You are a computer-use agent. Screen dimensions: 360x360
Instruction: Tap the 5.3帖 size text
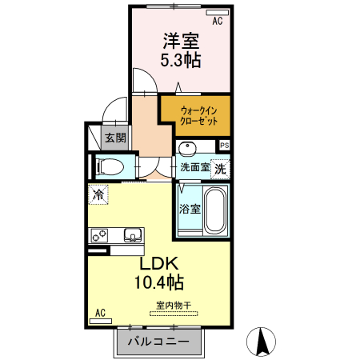[x=182, y=60]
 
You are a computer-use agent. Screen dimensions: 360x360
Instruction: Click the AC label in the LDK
[x=101, y=312]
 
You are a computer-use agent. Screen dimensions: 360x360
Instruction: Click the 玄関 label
[x=115, y=138]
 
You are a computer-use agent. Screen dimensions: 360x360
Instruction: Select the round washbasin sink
[x=187, y=149]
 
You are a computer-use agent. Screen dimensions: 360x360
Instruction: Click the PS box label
[x=224, y=146]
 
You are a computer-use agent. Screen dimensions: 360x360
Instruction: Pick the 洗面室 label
[x=194, y=168]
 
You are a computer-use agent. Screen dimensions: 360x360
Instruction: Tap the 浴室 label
[x=189, y=210]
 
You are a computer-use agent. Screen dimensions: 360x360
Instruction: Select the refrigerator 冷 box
[x=98, y=194]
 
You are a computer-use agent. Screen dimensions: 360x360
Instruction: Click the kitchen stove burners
[x=102, y=236]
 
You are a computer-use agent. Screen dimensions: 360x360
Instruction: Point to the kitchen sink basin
[x=132, y=235]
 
